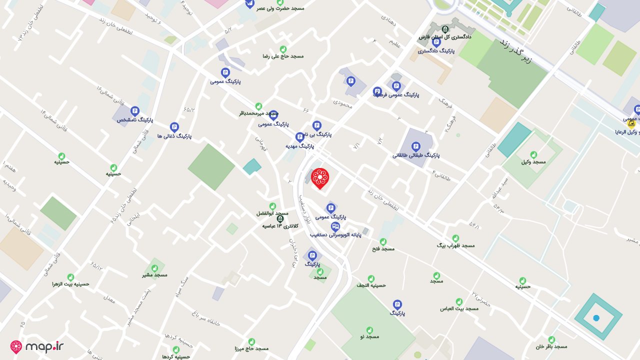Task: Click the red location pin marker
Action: tap(320, 178)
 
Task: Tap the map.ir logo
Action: tap(37, 346)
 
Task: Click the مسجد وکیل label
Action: tap(533, 161)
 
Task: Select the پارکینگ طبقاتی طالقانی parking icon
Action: tap(415, 146)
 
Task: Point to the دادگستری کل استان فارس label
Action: tap(445, 36)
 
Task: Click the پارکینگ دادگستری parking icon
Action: tap(436, 42)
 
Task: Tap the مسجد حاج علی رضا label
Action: tap(283, 56)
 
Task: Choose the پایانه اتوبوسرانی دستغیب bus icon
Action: tap(335, 226)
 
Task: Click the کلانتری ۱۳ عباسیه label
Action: tap(280, 226)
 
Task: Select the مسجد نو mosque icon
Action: tap(369, 330)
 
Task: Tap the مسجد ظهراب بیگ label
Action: tap(455, 245)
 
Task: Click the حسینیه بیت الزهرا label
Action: tap(70, 284)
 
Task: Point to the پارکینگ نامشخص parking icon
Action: tap(134, 111)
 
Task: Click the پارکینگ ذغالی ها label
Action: tap(174, 136)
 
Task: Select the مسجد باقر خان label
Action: tap(551, 346)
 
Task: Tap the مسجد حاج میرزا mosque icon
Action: tap(251, 341)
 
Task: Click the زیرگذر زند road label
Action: tap(515, 51)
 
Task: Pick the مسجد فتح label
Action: tap(383, 248)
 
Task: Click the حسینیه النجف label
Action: tap(371, 285)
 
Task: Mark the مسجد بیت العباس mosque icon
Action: tap(459, 302)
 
